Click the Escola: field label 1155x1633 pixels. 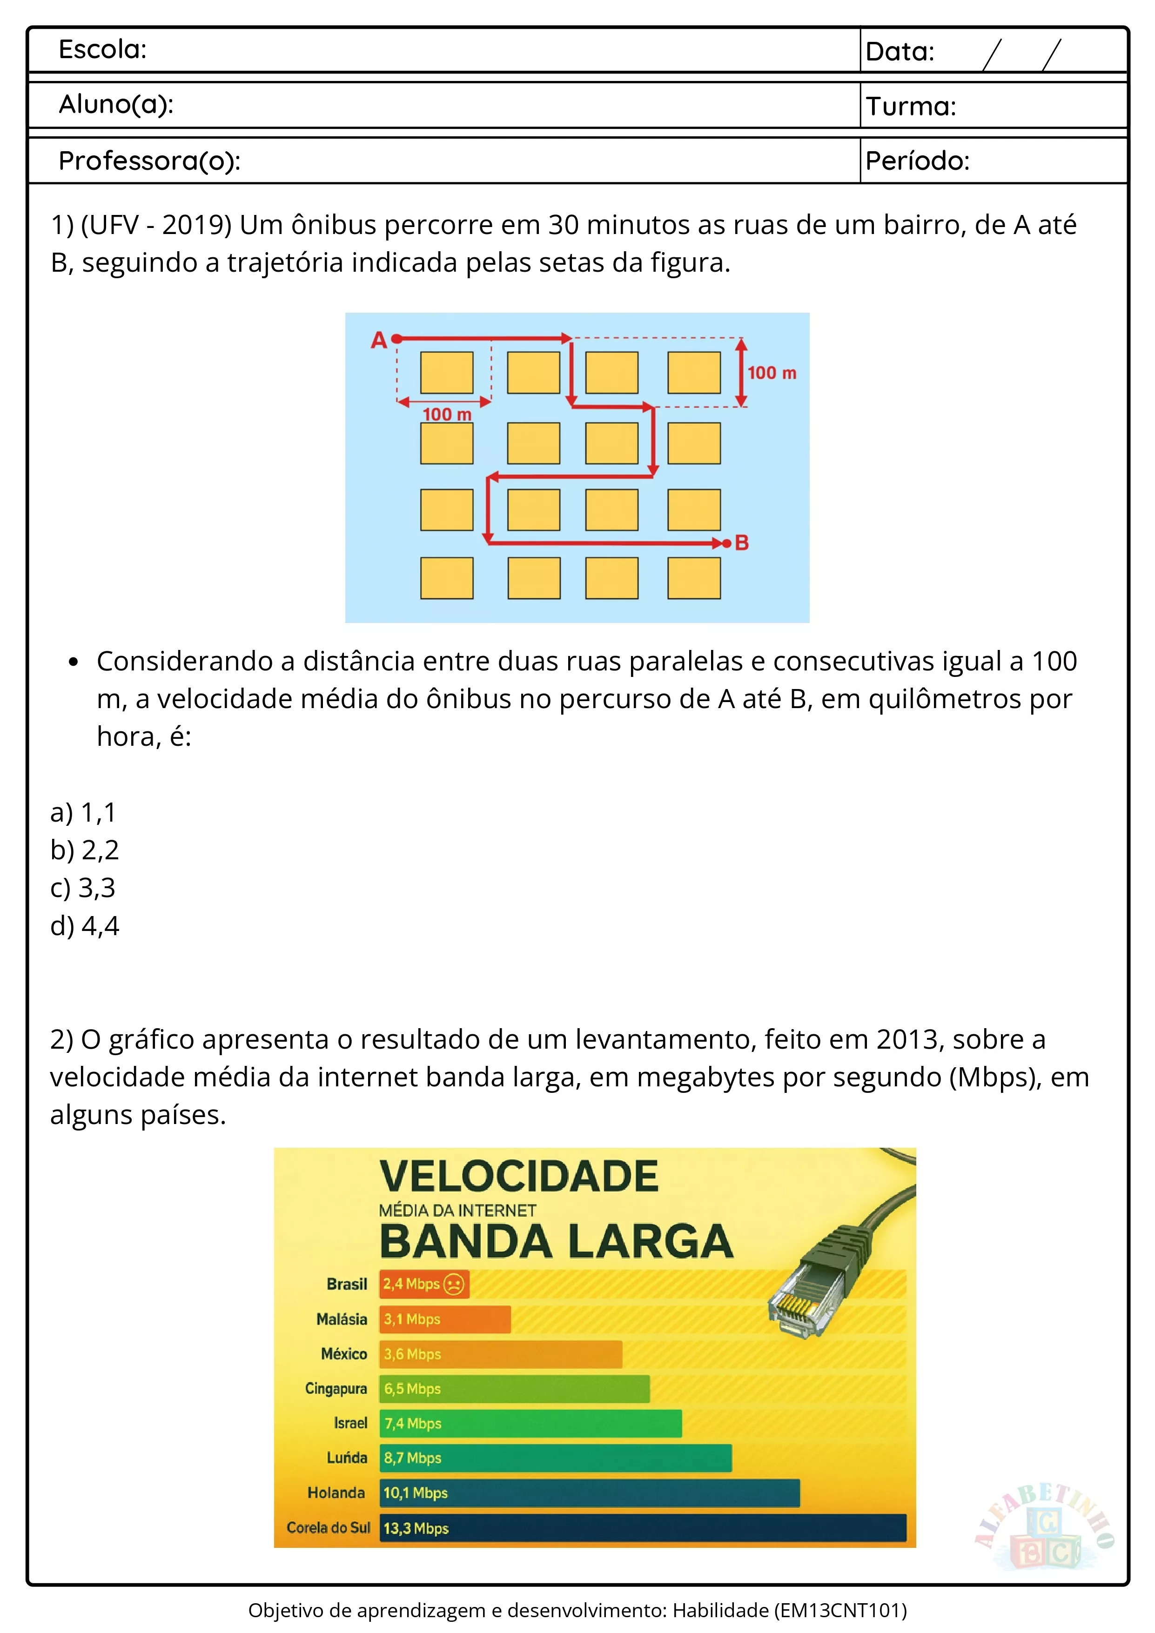click(x=102, y=50)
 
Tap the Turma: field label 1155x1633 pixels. click(x=910, y=107)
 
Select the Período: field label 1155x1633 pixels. click(x=917, y=161)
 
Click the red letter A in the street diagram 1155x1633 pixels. click(x=378, y=341)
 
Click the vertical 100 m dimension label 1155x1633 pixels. click(x=772, y=373)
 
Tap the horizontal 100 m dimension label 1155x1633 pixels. click(x=447, y=414)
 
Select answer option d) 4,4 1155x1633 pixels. click(x=85, y=925)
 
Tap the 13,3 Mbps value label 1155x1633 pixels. click(x=416, y=1528)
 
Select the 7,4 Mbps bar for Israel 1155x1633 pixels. click(x=530, y=1423)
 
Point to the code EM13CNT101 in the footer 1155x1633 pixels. click(x=839, y=1610)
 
